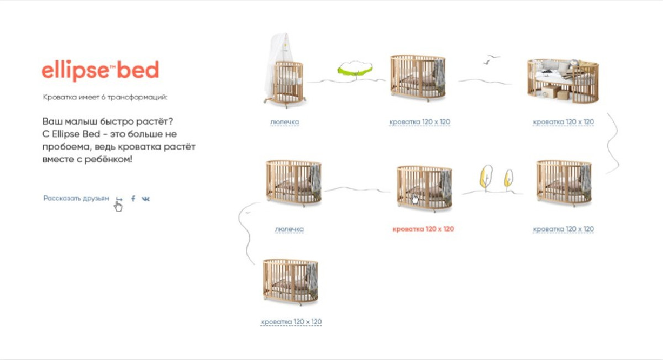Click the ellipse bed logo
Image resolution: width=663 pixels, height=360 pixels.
pyautogui.click(x=101, y=71)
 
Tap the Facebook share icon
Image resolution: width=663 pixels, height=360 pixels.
pyautogui.click(x=133, y=198)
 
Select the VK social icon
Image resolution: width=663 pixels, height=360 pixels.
pyautogui.click(x=146, y=199)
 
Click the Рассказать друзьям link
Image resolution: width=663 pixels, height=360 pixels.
pyautogui.click(x=76, y=198)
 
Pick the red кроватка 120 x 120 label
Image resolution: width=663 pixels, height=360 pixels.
pyautogui.click(x=423, y=229)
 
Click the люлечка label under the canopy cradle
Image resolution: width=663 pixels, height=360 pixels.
pyautogui.click(x=285, y=122)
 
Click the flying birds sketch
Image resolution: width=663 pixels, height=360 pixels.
pyautogui.click(x=491, y=59)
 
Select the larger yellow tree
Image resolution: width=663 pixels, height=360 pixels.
pyautogui.click(x=486, y=177)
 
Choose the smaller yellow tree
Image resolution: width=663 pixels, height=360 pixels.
pyautogui.click(x=508, y=179)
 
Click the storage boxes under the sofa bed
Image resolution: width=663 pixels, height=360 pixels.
pyautogui.click(x=554, y=92)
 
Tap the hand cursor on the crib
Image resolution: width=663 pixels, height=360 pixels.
pyautogui.click(x=415, y=199)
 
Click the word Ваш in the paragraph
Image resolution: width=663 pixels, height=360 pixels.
pyautogui.click(x=52, y=121)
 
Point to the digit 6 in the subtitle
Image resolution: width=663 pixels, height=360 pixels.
pyautogui.click(x=103, y=97)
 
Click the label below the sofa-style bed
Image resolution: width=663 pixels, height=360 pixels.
pyautogui.click(x=563, y=122)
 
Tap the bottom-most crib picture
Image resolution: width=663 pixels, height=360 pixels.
pyautogui.click(x=291, y=282)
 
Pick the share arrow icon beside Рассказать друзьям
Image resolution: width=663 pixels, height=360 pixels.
pyautogui.click(x=119, y=199)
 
